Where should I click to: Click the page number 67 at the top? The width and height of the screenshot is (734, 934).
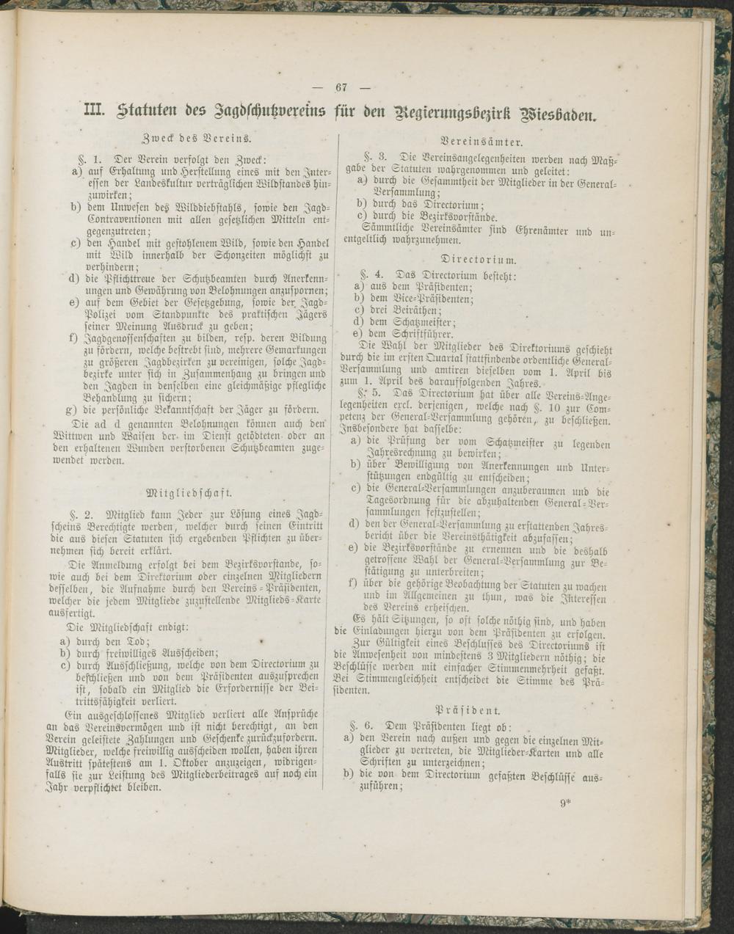341,87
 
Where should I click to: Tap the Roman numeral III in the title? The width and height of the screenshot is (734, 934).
96,112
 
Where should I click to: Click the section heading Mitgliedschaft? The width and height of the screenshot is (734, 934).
189,492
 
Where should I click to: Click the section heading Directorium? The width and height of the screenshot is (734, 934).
479,259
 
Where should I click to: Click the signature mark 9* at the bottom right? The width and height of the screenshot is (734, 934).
565,803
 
